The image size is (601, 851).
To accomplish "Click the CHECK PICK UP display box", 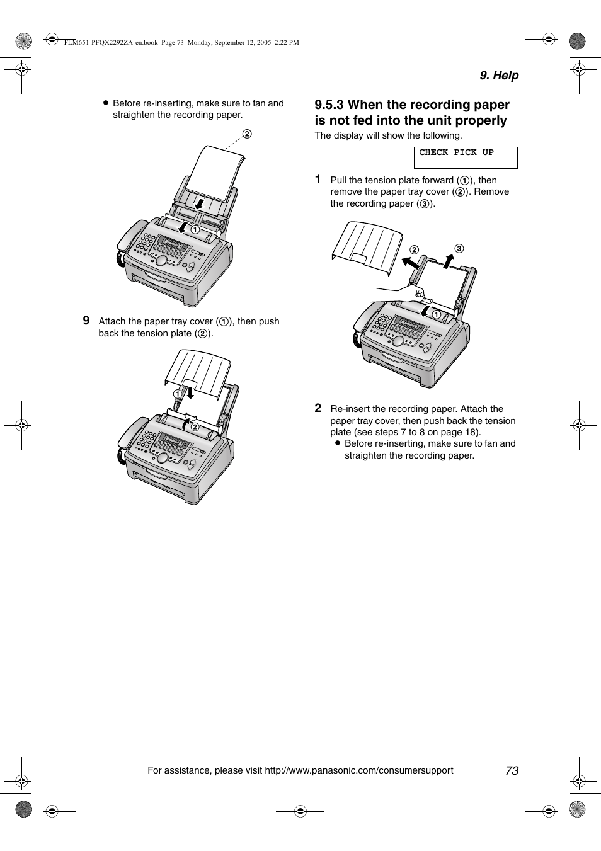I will (x=465, y=157).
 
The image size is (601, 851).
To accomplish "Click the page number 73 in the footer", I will (x=512, y=770).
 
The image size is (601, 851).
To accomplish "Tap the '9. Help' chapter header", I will (x=499, y=75).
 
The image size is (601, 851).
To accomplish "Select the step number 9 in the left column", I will (x=86, y=321).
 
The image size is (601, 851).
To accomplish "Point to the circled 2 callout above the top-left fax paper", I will (x=247, y=134).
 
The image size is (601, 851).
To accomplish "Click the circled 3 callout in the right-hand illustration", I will (x=459, y=248).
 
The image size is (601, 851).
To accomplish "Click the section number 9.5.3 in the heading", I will (x=329, y=105).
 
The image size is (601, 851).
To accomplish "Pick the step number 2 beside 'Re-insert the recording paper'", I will (x=318, y=408).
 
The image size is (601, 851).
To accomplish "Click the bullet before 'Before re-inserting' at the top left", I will (x=106, y=103).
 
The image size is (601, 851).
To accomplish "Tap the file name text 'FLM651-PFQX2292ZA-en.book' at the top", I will (x=111, y=43).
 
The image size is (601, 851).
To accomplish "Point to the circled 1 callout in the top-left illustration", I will (x=195, y=229).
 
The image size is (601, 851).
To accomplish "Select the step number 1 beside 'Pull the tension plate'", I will (x=318, y=180).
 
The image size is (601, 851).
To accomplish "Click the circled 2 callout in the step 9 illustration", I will (x=195, y=426).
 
